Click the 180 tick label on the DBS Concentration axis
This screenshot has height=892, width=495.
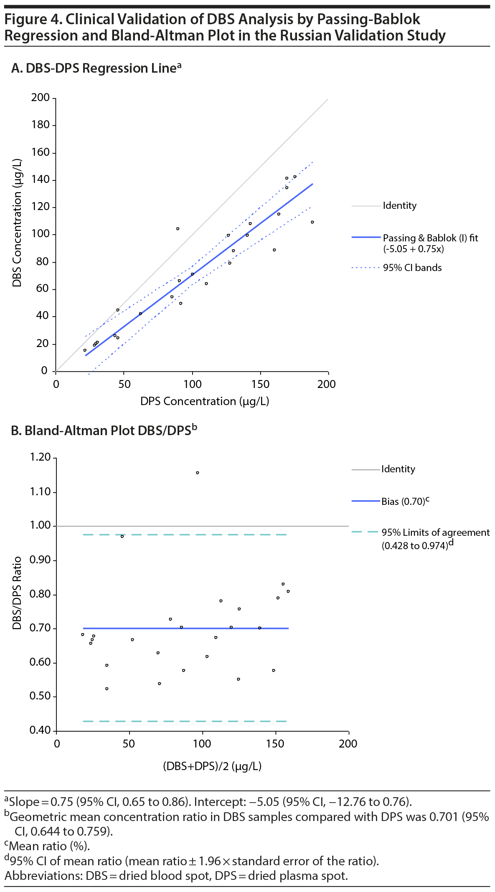pyautogui.click(x=40, y=125)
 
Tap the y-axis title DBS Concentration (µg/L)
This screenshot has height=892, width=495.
pyautogui.click(x=17, y=223)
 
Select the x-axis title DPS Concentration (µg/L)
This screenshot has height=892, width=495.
pyautogui.click(x=205, y=401)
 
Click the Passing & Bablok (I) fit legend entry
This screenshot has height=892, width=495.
pyautogui.click(x=430, y=238)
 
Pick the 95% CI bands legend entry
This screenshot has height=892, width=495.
pyautogui.click(x=412, y=268)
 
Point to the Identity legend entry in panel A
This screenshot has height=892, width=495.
pyautogui.click(x=399, y=205)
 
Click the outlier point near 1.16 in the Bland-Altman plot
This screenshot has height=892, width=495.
pyautogui.click(x=198, y=473)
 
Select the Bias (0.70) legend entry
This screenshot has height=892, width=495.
pyautogui.click(x=405, y=501)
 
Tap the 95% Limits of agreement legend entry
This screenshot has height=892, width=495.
pyautogui.click(x=435, y=532)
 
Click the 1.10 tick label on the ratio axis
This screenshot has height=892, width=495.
pyautogui.click(x=40, y=492)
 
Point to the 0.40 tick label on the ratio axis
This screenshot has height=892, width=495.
pyautogui.click(x=40, y=730)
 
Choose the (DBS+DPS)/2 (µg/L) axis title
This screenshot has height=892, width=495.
pyautogui.click(x=212, y=766)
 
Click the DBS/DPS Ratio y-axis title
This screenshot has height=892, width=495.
pyautogui.click(x=17, y=593)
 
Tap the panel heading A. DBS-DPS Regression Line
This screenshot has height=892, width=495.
pyautogui.click(x=96, y=68)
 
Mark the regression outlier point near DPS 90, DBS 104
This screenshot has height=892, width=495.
pyautogui.click(x=178, y=229)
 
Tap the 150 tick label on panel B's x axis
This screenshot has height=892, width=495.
pyautogui.click(x=275, y=744)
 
